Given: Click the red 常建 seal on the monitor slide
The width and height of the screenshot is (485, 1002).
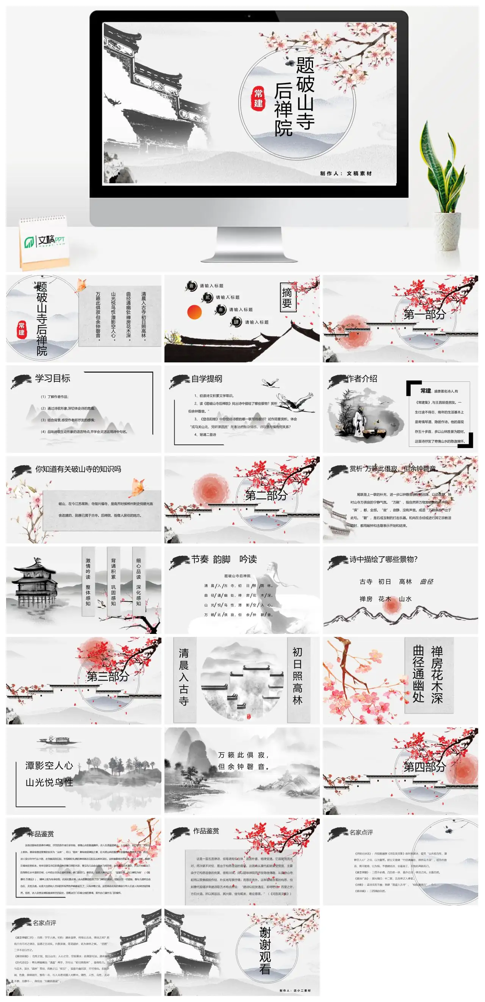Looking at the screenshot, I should click(x=258, y=98).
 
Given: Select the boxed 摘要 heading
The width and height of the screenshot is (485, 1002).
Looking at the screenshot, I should click(x=287, y=298).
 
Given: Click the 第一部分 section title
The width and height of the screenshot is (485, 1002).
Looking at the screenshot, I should click(x=424, y=314).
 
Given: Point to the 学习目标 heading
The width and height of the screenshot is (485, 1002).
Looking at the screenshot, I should click(x=52, y=378).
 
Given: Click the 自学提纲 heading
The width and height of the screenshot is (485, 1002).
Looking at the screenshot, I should click(x=206, y=378).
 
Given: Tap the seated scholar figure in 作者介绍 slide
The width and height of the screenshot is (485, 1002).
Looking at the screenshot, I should click(x=358, y=420).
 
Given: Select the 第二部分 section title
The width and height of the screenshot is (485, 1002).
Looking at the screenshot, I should click(x=266, y=495).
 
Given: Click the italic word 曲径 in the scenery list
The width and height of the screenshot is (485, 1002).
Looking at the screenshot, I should click(x=426, y=582).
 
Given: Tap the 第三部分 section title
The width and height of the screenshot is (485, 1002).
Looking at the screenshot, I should click(x=108, y=676).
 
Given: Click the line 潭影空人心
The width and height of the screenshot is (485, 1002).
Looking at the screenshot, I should click(x=49, y=765).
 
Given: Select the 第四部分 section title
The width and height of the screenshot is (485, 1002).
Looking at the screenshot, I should click(x=424, y=767).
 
